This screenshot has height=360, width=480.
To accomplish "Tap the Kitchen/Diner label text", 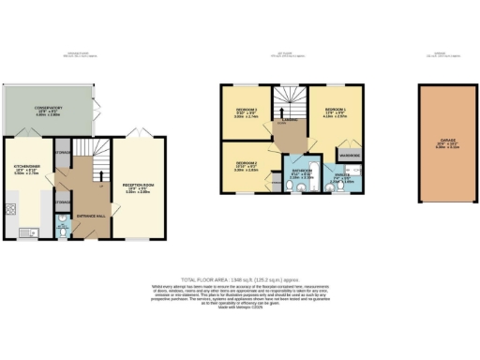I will point(24,169).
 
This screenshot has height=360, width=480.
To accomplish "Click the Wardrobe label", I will point(351,154).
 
